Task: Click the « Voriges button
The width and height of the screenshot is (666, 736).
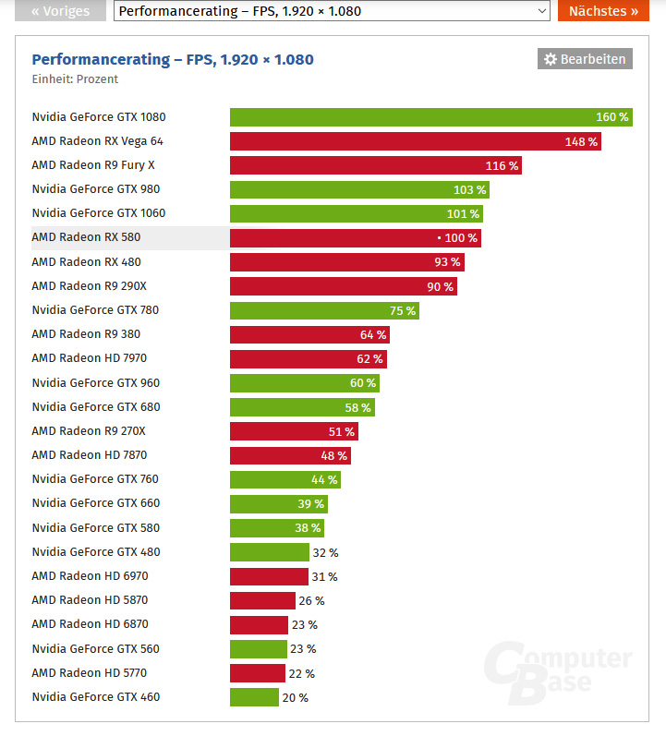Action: coord(60,11)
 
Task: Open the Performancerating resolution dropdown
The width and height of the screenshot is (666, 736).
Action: coord(332,11)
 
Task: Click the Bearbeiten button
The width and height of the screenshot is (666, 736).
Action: coord(585,59)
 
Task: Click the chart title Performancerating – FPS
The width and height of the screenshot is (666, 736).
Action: coord(173,59)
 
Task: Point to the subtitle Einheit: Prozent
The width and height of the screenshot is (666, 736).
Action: coord(75,79)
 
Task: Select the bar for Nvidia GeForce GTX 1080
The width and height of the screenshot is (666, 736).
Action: coord(430,117)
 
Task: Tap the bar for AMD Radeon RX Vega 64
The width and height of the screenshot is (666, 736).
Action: coord(415,141)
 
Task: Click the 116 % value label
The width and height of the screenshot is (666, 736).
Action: coord(502,166)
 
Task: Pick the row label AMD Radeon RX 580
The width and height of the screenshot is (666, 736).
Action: coord(86,237)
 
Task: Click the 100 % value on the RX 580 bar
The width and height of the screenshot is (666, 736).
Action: coord(460,238)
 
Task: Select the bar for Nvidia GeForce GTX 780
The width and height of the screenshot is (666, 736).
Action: coord(323,310)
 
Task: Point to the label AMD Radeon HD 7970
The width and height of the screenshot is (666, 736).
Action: coord(89,358)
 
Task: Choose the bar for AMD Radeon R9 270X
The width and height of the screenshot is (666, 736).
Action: coord(293,431)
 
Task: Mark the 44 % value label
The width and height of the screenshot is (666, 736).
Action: coord(324,479)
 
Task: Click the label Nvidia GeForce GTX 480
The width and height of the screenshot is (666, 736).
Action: coord(95,552)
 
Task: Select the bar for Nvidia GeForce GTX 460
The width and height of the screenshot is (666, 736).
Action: coord(254,697)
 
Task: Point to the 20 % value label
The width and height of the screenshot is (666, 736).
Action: coord(296,698)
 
